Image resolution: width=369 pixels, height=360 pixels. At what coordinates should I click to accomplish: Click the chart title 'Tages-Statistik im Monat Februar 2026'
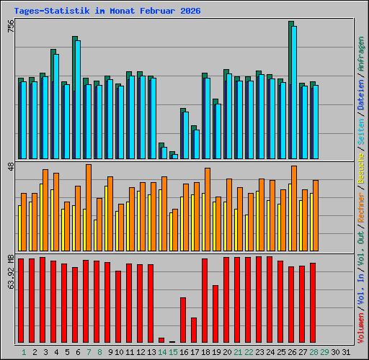(107, 11)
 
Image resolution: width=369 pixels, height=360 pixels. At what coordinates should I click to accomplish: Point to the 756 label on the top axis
(10, 26)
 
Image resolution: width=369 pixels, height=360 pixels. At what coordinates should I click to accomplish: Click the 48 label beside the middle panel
(10, 166)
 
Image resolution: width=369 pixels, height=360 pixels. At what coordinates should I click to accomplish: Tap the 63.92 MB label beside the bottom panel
(10, 271)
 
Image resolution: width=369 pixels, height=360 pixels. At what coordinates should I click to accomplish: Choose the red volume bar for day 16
(183, 320)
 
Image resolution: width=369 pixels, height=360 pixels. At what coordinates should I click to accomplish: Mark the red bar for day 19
(215, 314)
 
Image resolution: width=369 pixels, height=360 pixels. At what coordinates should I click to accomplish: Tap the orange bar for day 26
(294, 208)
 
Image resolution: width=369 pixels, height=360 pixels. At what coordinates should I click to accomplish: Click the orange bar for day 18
(208, 209)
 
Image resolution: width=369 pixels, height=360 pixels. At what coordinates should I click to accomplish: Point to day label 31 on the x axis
(346, 351)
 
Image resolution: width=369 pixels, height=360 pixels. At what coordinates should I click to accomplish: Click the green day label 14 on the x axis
(162, 351)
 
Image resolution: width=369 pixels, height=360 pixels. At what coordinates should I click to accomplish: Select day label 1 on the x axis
(24, 351)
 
